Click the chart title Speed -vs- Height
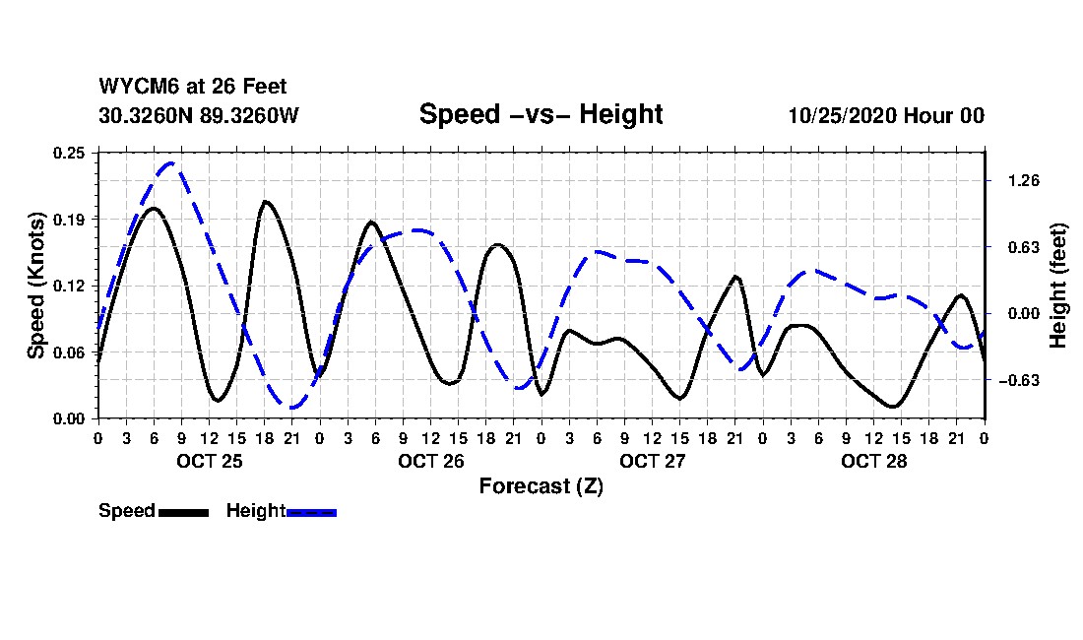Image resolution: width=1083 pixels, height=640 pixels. click(541, 114)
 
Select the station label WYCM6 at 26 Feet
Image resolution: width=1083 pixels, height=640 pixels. click(193, 87)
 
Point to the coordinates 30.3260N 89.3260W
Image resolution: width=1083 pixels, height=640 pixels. click(198, 115)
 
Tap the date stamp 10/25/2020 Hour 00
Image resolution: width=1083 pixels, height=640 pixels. click(886, 115)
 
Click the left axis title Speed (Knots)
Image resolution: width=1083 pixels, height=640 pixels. click(36, 286)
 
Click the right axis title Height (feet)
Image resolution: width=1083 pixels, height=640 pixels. click(1058, 286)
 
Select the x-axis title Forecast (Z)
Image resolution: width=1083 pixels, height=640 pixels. click(541, 486)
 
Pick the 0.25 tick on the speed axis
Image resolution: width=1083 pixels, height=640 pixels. click(70, 153)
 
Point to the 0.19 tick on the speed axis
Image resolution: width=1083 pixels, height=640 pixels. click(70, 219)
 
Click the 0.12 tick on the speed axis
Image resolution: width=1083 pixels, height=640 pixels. click(70, 286)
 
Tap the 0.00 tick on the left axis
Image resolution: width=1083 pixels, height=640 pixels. click(70, 418)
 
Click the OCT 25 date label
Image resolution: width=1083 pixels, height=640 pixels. click(209, 461)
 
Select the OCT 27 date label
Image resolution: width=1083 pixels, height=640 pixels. click(652, 461)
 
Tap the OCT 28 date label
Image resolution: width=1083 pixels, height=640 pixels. click(873, 461)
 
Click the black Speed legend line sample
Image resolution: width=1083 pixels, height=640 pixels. click(183, 512)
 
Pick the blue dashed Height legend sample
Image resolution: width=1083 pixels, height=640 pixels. click(311, 512)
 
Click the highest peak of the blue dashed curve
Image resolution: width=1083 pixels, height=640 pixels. click(172, 163)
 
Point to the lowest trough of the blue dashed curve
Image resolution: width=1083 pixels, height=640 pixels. click(292, 407)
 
